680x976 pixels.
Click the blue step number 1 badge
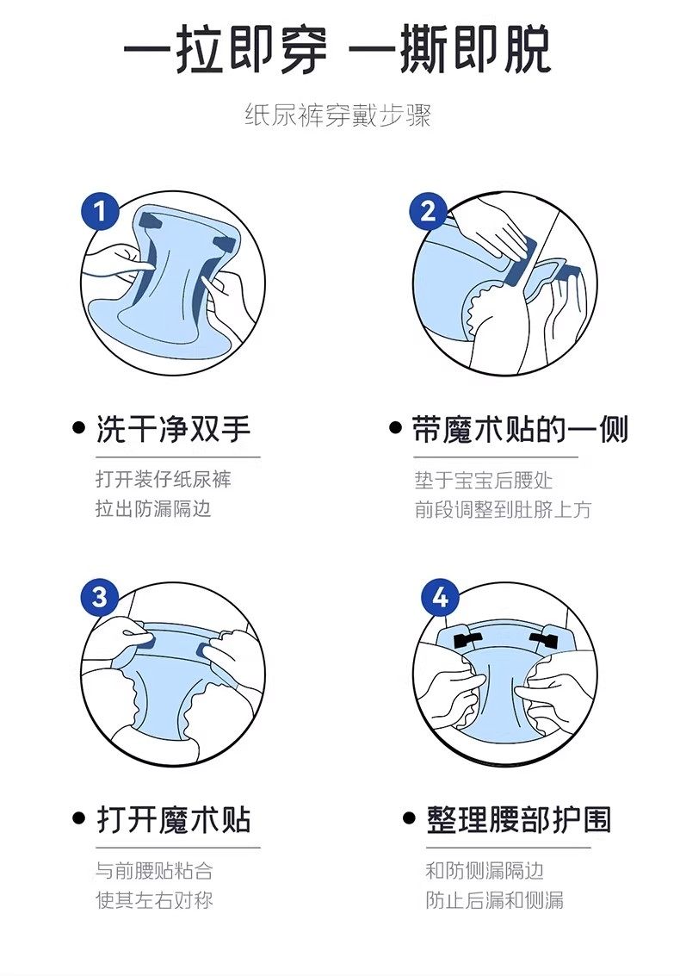(100, 211)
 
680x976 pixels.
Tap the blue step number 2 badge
(428, 211)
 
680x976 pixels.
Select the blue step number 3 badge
(100, 598)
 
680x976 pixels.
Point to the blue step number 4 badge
(440, 598)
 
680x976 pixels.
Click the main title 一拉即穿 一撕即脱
(337, 49)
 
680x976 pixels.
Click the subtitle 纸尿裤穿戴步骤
(337, 116)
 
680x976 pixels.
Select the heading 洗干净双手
(174, 430)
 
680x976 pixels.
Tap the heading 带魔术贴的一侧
(520, 430)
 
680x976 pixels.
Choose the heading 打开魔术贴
(174, 820)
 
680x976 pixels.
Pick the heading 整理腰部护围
(519, 820)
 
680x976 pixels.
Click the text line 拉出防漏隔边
(154, 508)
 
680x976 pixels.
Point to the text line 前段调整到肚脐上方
(503, 510)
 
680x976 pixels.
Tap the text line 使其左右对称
(154, 900)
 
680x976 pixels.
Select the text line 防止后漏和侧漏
(495, 900)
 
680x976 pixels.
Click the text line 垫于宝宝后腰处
(484, 481)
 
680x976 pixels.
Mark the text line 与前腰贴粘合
(154, 871)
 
